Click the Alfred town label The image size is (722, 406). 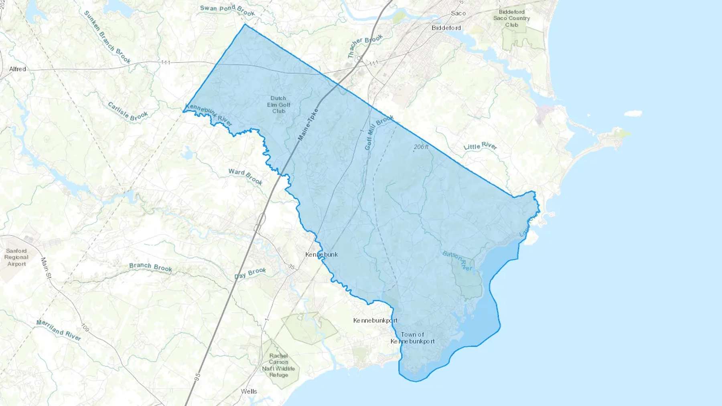coord(18,69)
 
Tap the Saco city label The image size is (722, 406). coord(458,13)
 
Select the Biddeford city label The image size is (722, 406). coord(446,28)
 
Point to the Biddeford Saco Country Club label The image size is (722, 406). coord(511,18)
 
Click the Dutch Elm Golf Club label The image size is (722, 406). coord(278,105)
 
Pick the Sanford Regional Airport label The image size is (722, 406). coord(16,257)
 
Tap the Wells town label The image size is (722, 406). coord(249,391)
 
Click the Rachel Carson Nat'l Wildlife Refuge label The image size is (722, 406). coord(278,365)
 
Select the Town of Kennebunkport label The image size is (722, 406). coord(412,338)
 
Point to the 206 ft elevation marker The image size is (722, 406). coord(421,147)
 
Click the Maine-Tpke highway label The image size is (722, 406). coord(308,125)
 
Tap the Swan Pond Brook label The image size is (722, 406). coord(227,10)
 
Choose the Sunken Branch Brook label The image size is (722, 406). coord(107,37)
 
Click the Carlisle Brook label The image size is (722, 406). coord(128,111)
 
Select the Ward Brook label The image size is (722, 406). coord(245,176)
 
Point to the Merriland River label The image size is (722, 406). coord(59,330)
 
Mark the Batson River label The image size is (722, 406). coord(457,261)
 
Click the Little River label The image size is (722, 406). coord(480,146)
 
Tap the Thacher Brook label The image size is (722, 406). coord(365,46)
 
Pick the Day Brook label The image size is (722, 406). coord(250,273)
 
